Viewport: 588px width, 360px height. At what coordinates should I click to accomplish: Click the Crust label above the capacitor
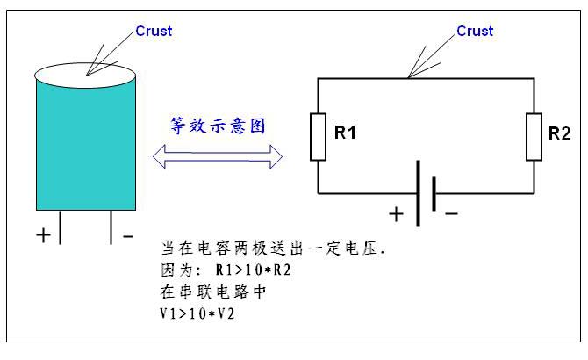(x=154, y=31)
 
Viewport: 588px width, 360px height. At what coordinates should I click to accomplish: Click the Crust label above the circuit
(x=475, y=31)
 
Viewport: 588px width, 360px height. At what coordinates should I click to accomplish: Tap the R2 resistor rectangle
(x=534, y=136)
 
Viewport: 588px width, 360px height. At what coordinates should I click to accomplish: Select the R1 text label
(x=345, y=133)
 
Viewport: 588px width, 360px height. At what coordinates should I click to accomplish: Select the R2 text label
(x=559, y=133)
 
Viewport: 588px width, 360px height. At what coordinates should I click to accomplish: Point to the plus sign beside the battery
(x=397, y=212)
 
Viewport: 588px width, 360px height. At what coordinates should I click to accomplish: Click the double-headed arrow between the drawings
(x=218, y=157)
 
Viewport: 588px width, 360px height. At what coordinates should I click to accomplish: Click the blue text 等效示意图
(x=217, y=125)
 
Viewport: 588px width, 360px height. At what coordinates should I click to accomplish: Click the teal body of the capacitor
(x=86, y=145)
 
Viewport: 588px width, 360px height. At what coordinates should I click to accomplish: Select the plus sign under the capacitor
(x=44, y=234)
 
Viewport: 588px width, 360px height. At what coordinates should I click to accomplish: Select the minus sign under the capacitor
(x=128, y=234)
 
